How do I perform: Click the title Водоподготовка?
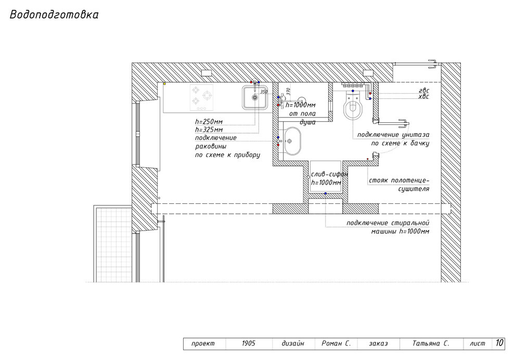tap(54, 15)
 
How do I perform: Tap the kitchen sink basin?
tap(255, 97)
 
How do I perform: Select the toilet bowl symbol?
tap(353, 105)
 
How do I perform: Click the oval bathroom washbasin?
tap(292, 141)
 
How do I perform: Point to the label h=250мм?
tap(209, 122)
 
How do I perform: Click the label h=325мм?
tap(209, 130)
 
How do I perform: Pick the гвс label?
tap(423, 91)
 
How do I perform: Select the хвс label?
tap(423, 97)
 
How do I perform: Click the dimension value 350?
tap(264, 92)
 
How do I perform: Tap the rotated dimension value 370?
tap(288, 92)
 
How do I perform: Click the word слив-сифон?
tap(329, 174)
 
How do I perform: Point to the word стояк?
tap(378, 181)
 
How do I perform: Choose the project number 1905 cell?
tap(249, 343)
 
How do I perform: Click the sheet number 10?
tap(499, 343)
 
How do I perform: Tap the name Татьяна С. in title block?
tap(431, 343)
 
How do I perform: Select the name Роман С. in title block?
tap(337, 343)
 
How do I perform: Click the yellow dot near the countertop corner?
tap(164, 84)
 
